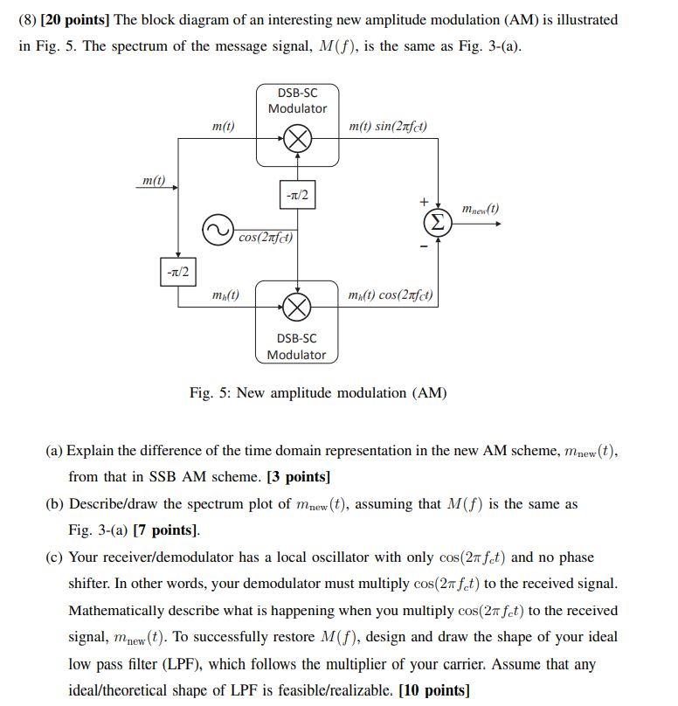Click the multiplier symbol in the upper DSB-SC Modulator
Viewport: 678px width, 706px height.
[298, 137]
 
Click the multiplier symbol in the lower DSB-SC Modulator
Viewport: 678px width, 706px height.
[298, 306]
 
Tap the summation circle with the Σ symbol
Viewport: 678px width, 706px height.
[439, 223]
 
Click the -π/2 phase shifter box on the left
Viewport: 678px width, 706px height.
[178, 272]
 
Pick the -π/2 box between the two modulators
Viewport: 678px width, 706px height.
[298, 196]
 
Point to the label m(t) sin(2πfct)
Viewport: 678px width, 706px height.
[388, 127]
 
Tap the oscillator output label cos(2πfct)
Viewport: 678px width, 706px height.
[266, 237]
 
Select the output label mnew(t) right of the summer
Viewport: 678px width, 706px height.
[480, 209]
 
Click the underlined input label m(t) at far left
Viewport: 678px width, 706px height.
[153, 180]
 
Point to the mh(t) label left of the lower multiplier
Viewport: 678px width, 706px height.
[225, 295]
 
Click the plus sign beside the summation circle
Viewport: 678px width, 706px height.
[424, 201]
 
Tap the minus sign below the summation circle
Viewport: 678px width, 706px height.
[424, 246]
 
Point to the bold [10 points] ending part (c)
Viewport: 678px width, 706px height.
[433, 691]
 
